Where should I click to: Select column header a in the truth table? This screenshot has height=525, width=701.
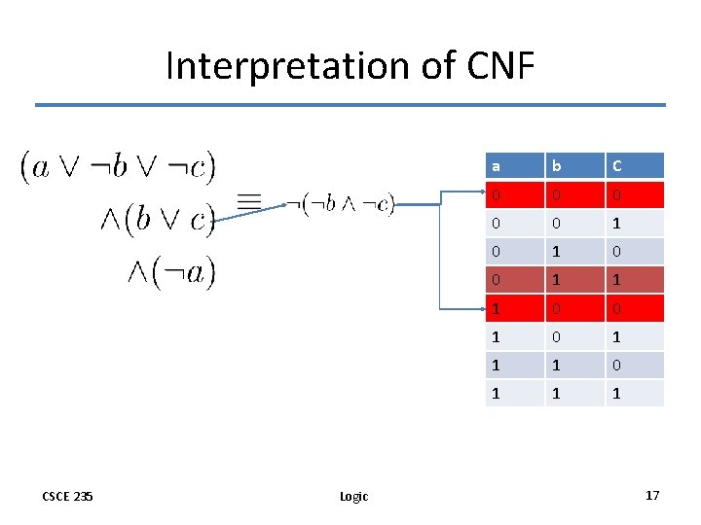point(514,166)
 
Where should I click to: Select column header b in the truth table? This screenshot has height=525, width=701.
point(573,166)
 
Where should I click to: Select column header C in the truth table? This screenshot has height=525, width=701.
point(634,166)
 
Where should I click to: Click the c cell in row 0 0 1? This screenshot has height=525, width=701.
point(634,224)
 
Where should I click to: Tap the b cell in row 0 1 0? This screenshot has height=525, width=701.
point(573,252)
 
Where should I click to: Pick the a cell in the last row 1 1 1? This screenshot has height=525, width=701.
point(514,393)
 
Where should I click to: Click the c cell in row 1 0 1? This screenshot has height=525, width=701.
point(634,336)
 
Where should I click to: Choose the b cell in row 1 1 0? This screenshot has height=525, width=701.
point(573,365)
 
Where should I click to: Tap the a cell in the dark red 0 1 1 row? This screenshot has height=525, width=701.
point(514,280)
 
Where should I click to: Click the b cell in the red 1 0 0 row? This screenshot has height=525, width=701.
point(573,308)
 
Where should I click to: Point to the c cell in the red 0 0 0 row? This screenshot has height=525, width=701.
point(634,195)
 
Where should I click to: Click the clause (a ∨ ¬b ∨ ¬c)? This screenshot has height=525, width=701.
point(119,167)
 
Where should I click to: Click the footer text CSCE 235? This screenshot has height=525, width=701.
point(68,496)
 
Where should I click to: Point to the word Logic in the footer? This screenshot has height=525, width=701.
point(353,497)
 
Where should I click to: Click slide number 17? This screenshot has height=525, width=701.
point(651,496)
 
